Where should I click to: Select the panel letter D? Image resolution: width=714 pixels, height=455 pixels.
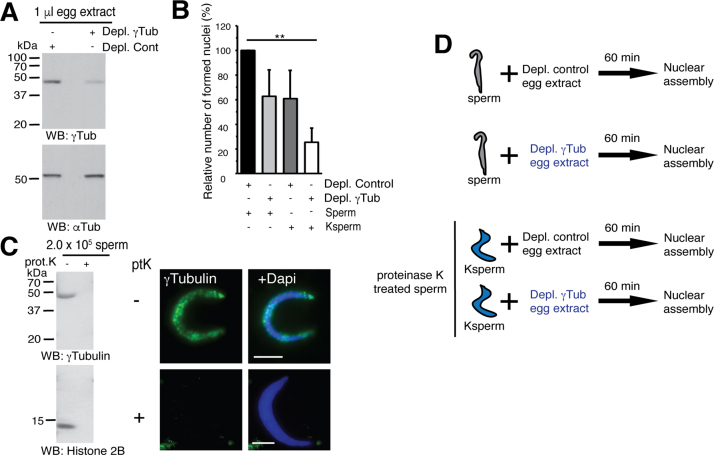[451, 47]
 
